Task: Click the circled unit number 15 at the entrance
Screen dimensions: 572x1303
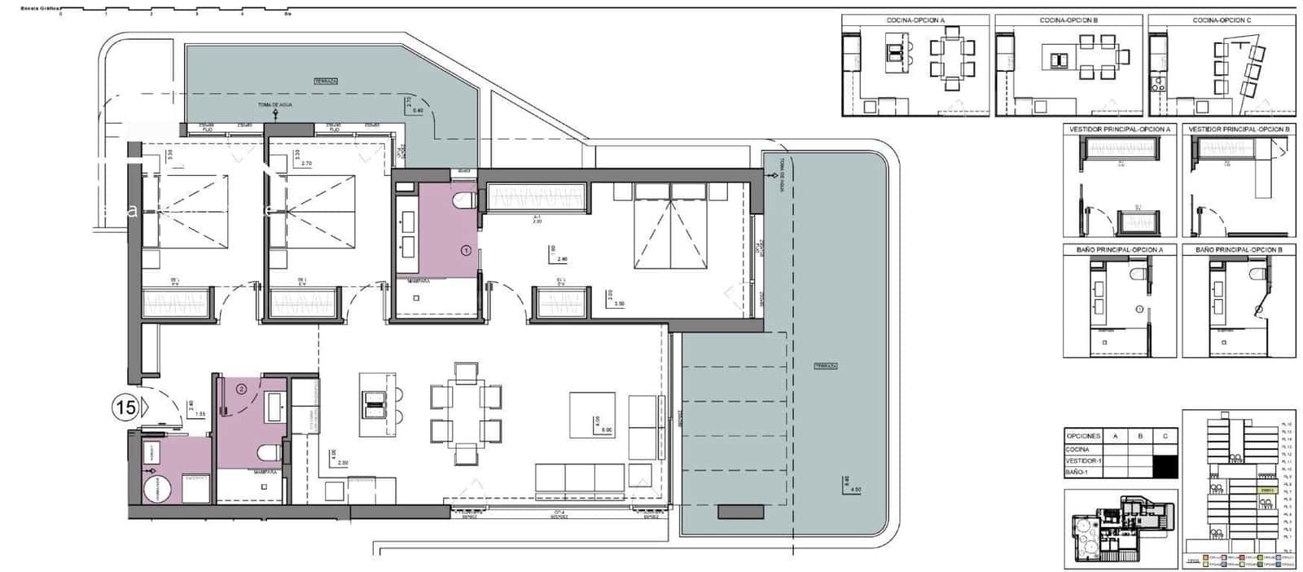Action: pyautogui.click(x=126, y=407)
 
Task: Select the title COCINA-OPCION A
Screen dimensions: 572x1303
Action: pyautogui.click(x=915, y=20)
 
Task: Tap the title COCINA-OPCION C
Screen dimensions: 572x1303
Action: pyautogui.click(x=1222, y=20)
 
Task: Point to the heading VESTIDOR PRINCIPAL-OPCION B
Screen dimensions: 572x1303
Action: pyautogui.click(x=1239, y=130)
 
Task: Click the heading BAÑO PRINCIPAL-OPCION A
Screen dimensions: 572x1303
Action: pyautogui.click(x=1120, y=249)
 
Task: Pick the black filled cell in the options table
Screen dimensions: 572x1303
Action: pyautogui.click(x=1166, y=466)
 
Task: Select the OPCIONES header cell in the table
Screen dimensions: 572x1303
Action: pyautogui.click(x=1083, y=437)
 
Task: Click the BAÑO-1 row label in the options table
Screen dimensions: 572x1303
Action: pyautogui.click(x=1078, y=472)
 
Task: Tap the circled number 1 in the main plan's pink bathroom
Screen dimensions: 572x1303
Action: pyautogui.click(x=466, y=251)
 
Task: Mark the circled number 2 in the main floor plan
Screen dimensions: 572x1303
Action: pyautogui.click(x=241, y=389)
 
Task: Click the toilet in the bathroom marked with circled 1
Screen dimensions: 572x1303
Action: pyautogui.click(x=465, y=198)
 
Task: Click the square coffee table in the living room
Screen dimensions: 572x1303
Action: pyautogui.click(x=592, y=414)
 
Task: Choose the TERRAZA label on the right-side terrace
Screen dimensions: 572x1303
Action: pyautogui.click(x=825, y=366)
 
